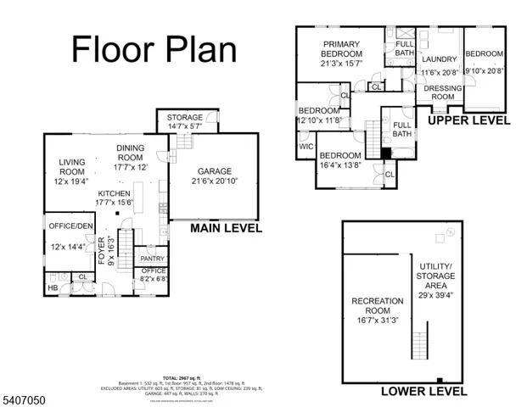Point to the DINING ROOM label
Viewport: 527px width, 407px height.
tap(130, 153)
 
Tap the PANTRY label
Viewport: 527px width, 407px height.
tap(152, 259)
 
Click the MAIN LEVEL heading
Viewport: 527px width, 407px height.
tap(226, 228)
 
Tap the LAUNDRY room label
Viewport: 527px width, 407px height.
tap(439, 59)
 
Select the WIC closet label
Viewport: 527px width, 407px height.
tap(306, 147)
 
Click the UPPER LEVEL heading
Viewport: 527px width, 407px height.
tap(468, 120)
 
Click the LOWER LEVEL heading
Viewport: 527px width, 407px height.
tap(423, 391)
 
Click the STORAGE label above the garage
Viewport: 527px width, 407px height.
tap(184, 117)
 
